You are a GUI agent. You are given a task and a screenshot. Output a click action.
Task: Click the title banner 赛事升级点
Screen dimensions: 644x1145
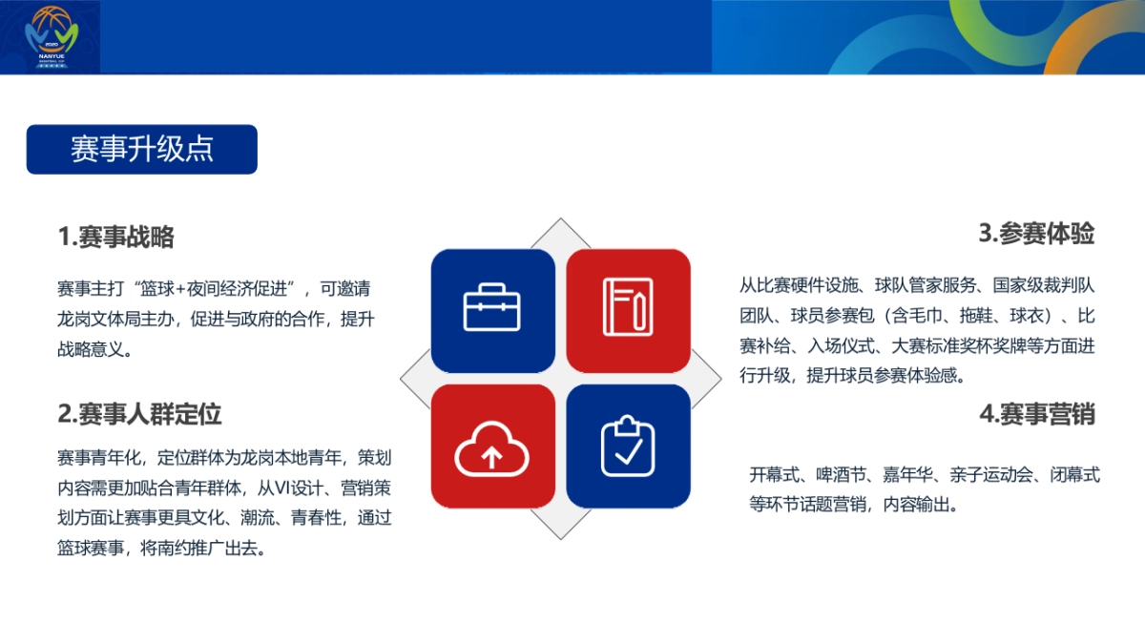pos(141,150)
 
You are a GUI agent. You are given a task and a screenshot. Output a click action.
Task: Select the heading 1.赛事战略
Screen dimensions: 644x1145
pos(115,237)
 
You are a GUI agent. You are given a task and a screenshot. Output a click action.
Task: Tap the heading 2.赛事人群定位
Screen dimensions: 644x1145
pos(139,414)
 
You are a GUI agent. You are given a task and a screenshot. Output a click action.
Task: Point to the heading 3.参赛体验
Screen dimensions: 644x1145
pos(1036,233)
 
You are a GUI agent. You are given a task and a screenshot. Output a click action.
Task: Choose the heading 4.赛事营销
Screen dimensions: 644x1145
pos(1036,414)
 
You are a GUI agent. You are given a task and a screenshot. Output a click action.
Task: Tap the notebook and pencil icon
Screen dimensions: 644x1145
pos(628,307)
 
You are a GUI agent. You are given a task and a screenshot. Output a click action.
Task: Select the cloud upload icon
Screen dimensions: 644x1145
pos(492,447)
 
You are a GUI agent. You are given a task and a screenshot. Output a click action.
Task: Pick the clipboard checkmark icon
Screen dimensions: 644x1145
pos(628,446)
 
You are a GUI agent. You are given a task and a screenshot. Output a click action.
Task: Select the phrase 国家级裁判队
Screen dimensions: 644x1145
pos(1048,284)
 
